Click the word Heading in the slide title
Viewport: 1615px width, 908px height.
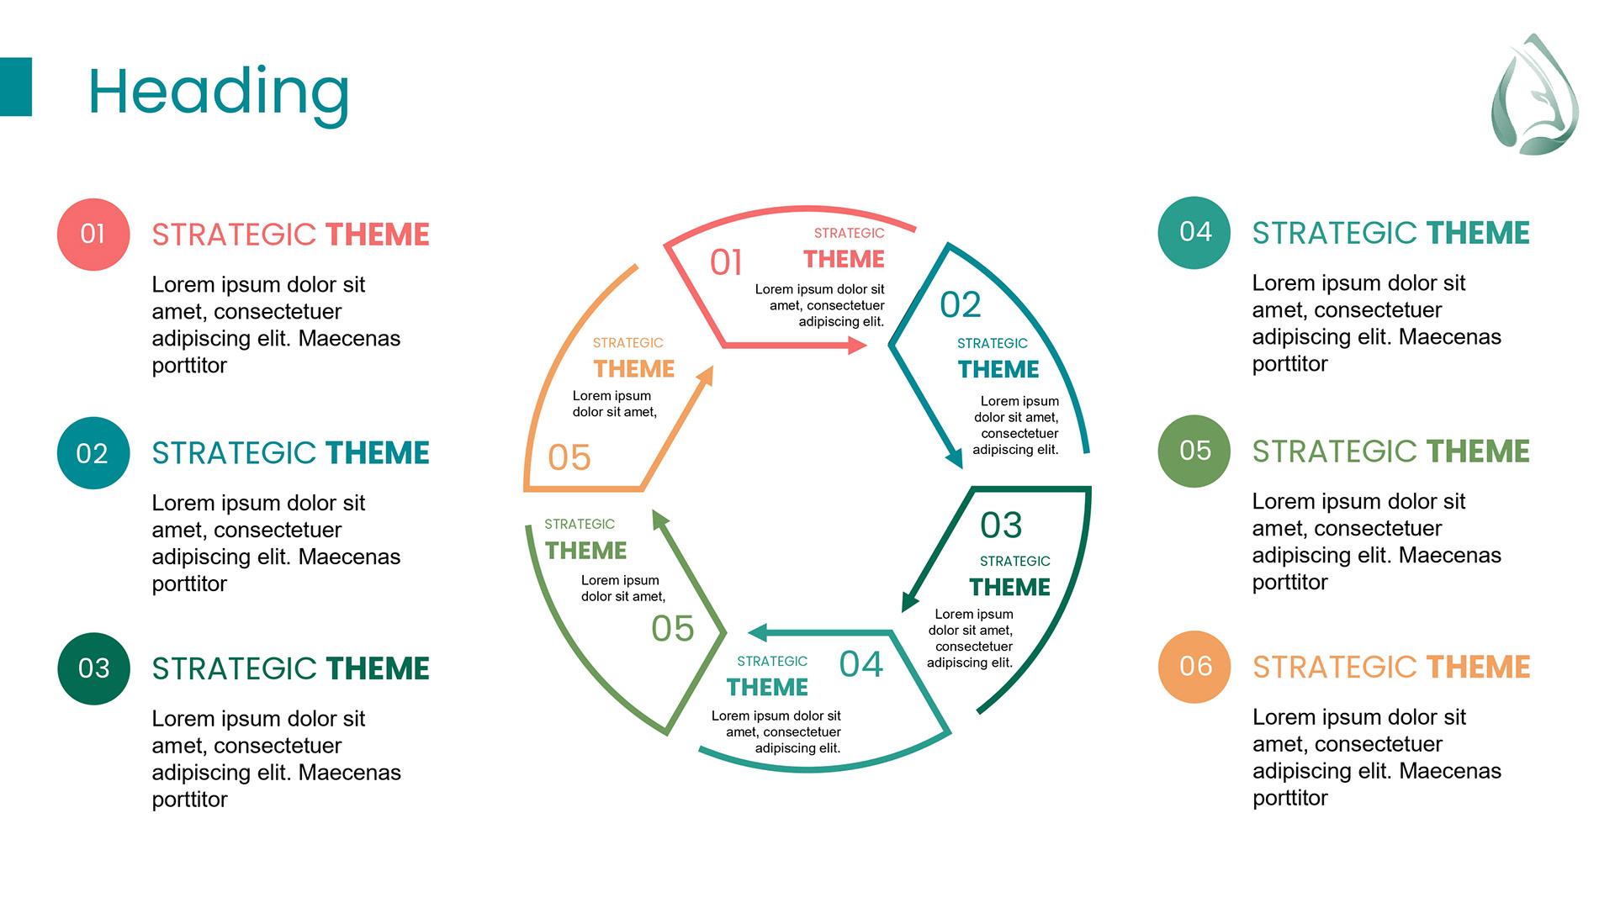coord(219,92)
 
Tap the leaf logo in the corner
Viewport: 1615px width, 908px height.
coord(1534,96)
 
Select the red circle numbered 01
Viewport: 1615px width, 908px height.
coord(93,235)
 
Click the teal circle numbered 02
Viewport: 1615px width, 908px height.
coord(93,453)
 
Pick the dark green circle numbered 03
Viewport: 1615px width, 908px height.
coord(93,668)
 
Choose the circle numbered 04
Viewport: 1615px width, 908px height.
coord(1194,233)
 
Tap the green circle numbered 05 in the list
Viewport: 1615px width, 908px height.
coord(1194,451)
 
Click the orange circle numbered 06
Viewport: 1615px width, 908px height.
coord(1194,667)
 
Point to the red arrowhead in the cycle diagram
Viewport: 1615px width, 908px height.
coord(857,345)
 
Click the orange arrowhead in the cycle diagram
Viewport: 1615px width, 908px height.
coord(706,375)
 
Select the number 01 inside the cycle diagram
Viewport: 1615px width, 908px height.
coord(726,262)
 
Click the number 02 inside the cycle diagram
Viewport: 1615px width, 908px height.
coord(961,304)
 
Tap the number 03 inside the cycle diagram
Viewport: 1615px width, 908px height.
coord(1001,525)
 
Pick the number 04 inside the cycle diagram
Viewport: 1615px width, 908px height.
coord(861,664)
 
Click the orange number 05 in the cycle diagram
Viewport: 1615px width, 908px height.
coord(569,457)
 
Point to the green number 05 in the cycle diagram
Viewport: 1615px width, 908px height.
coord(673,628)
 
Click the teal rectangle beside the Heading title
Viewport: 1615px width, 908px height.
coord(16,87)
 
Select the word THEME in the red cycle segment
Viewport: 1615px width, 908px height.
coord(844,259)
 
